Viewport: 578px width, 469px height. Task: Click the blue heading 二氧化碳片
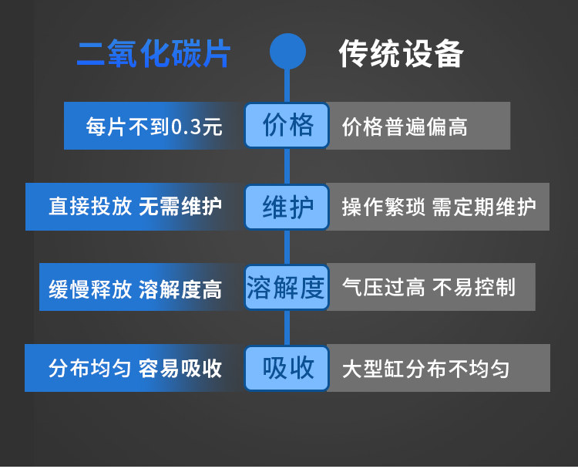click(153, 54)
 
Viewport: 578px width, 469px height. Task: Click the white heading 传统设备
click(401, 54)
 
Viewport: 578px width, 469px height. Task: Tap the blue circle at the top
click(287, 52)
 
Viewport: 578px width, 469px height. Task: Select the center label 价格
click(287, 125)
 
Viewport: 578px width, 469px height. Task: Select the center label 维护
click(287, 207)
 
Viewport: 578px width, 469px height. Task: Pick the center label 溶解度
click(287, 288)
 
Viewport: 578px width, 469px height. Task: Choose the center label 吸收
click(287, 368)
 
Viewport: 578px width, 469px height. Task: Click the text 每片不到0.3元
click(153, 127)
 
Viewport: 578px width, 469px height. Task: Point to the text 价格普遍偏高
click(405, 127)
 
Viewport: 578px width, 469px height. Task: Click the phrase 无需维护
click(180, 208)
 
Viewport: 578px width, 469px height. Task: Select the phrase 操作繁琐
click(383, 208)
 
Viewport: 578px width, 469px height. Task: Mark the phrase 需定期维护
click(484, 208)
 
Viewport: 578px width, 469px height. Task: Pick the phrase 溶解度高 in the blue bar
click(180, 289)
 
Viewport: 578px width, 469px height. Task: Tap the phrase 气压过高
click(383, 288)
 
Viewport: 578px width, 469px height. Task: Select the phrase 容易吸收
click(180, 369)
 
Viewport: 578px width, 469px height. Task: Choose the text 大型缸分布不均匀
click(425, 369)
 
